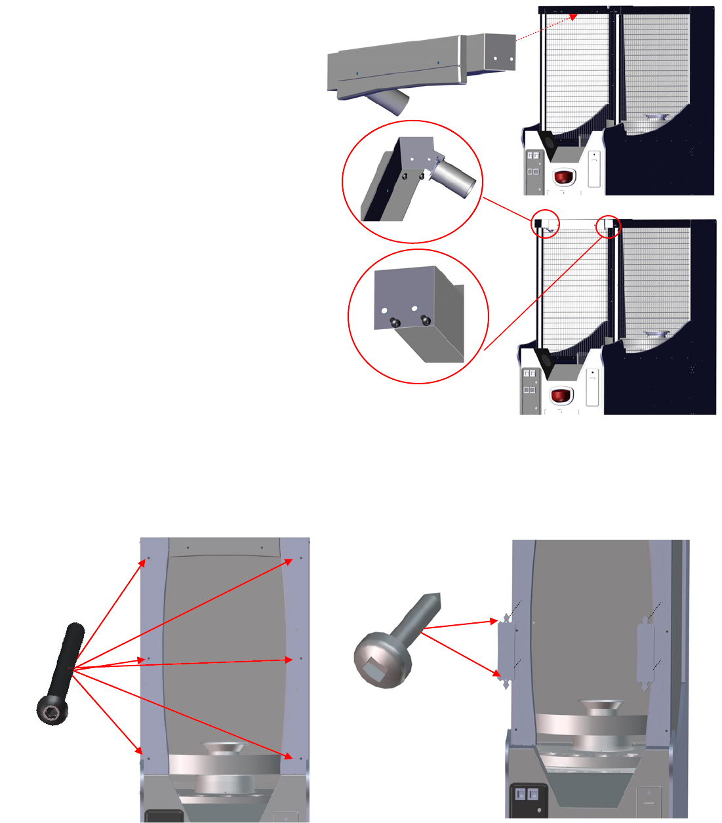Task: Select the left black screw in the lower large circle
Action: click(395, 322)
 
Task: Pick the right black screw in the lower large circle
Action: click(426, 320)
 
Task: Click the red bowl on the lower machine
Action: click(561, 396)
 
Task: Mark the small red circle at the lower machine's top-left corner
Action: click(545, 225)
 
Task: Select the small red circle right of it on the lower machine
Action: click(608, 226)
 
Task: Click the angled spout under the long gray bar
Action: click(388, 101)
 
